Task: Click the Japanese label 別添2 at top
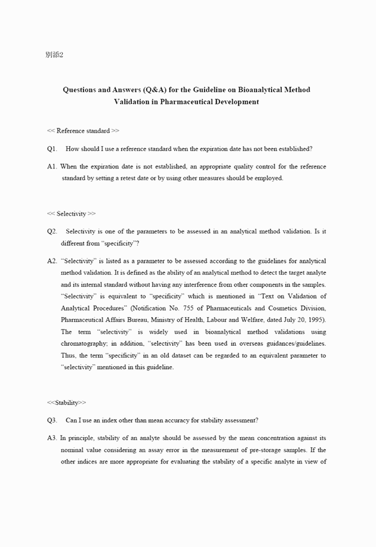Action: click(54, 55)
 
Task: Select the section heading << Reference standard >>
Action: click(83, 131)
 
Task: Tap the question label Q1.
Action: click(52, 149)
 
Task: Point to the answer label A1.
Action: click(52, 167)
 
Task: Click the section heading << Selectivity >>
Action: click(71, 213)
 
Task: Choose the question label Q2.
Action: click(52, 231)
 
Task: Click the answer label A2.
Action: click(52, 261)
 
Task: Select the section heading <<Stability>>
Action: click(66, 402)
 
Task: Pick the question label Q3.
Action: click(52, 420)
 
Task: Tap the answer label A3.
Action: click(52, 438)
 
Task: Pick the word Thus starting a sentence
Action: click(68, 355)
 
